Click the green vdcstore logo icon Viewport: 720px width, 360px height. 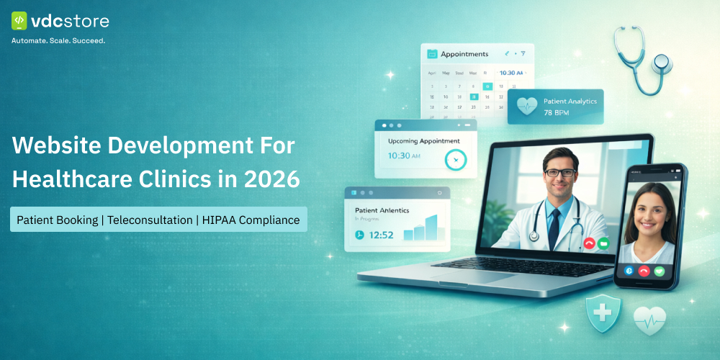(x=19, y=21)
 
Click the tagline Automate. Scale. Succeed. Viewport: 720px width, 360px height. (x=58, y=41)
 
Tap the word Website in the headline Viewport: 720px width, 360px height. (x=55, y=146)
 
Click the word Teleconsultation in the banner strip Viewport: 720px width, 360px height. (x=149, y=220)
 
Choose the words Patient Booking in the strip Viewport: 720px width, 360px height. (x=57, y=220)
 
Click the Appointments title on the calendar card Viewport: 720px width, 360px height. (x=464, y=54)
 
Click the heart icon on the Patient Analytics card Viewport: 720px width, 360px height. (x=526, y=107)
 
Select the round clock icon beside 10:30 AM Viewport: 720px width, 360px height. (x=456, y=159)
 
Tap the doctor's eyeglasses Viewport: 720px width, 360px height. (x=559, y=172)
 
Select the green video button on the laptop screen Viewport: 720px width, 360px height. (x=603, y=243)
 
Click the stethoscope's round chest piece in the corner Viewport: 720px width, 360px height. (x=661, y=64)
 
